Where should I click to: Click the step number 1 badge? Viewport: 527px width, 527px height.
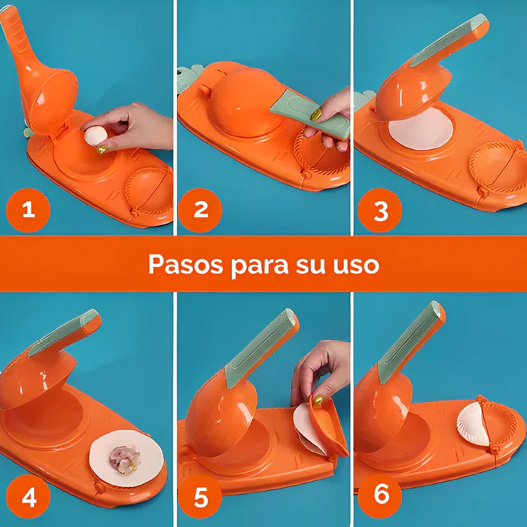click(29, 210)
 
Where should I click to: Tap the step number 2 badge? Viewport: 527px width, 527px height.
click(201, 210)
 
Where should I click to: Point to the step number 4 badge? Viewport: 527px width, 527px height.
click(29, 498)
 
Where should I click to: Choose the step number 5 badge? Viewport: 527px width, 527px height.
click(201, 498)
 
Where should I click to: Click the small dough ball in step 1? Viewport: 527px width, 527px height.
click(96, 136)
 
